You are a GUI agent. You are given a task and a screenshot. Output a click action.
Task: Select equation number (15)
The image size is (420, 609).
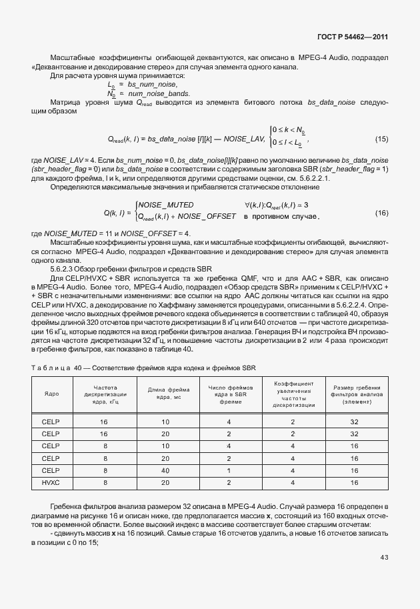pos(381,139)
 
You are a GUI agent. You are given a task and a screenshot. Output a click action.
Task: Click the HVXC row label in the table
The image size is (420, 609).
pos(51,482)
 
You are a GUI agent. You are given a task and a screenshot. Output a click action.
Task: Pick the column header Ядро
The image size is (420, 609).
pos(51,394)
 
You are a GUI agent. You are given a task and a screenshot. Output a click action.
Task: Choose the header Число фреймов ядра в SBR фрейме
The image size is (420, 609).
pos(229,394)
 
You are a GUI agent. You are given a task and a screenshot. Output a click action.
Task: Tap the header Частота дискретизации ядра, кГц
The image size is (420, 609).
pos(103,394)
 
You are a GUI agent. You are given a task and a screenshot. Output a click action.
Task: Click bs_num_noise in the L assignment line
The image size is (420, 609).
pos(153,85)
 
